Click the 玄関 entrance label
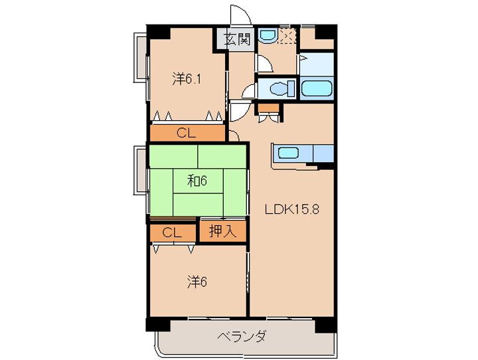click(x=237, y=40)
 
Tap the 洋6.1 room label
click(x=187, y=79)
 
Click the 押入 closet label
click(x=222, y=232)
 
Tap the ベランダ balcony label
click(x=242, y=337)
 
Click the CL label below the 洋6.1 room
click(x=186, y=133)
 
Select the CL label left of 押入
click(x=172, y=232)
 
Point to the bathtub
click(x=316, y=88)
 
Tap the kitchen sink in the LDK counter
click(x=288, y=153)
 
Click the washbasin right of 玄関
click(x=268, y=37)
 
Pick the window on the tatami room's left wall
click(x=140, y=171)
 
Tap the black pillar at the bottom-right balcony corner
click(x=325, y=325)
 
